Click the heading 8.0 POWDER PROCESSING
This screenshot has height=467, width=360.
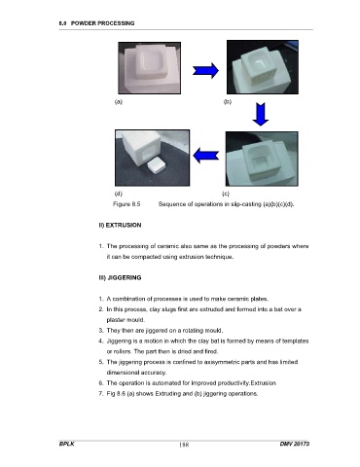pos(96,23)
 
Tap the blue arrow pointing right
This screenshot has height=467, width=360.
pos(205,70)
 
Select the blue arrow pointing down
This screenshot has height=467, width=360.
pos(261,114)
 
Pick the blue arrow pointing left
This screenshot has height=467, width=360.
pos(205,156)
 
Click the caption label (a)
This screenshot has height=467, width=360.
pos(119,101)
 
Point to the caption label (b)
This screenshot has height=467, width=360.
pos(228,101)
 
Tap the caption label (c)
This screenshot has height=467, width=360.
pos(226,194)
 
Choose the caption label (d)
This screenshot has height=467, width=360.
pos(119,194)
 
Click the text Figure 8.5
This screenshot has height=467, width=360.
pos(126,204)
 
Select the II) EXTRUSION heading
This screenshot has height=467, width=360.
pos(120,225)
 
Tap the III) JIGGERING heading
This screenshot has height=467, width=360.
pos(120,277)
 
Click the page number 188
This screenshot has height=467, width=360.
pos(184,445)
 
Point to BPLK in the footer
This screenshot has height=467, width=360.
pos(67,444)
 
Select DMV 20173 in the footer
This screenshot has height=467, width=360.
pos(295,444)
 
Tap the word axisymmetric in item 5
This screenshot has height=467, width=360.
pos(220,362)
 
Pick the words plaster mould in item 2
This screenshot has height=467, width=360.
pos(126,320)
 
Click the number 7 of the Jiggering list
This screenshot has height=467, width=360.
pos(100,394)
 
